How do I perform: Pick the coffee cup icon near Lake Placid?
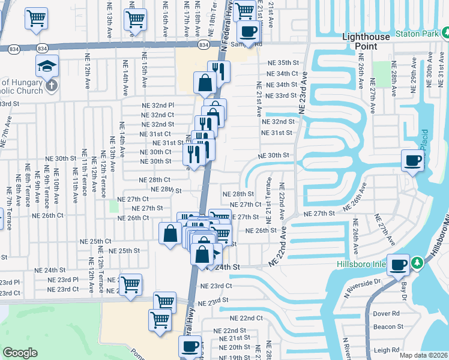412,160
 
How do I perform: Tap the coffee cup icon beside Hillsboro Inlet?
398,263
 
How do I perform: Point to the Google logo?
20,353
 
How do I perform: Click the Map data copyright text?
424,355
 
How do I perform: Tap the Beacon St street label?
388,327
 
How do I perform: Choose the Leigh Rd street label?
387,350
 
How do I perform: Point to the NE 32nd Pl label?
158,105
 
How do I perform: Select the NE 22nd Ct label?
247,318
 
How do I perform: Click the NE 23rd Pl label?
64,280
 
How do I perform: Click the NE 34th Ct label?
283,74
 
